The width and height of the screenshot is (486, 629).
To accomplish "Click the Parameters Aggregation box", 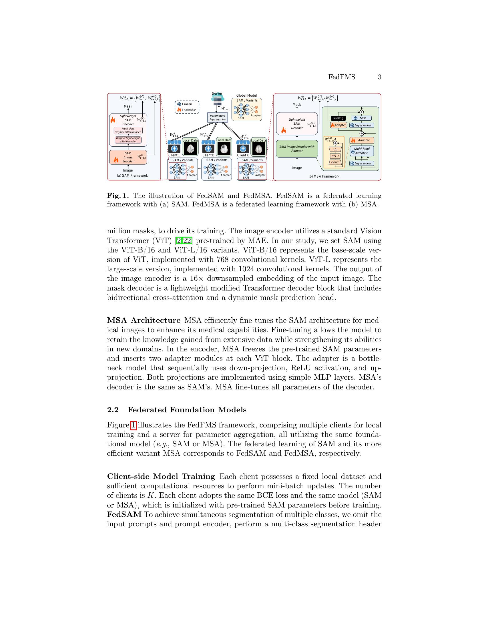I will pos(217,118).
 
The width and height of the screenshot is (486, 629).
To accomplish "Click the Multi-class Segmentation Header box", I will pos(128,130).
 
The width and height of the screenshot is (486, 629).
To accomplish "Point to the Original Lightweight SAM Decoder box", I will pos(128,140).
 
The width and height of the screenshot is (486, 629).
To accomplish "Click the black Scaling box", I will pos(338,118).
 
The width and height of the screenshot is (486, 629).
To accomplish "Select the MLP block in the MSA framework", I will pos(362,118).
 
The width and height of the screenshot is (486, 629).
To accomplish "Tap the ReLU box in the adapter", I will pos(335,156).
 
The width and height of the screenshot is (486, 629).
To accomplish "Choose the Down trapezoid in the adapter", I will pos(335,162).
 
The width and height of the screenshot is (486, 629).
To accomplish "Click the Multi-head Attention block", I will pos(362,151).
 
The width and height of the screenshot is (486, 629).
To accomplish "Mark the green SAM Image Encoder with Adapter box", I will pos(297,149).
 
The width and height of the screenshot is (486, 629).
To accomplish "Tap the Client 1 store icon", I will pos(174,147).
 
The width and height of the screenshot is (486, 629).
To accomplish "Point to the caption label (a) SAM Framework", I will pos(132,175).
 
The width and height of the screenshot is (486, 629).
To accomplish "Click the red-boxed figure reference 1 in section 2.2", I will pos(133,425).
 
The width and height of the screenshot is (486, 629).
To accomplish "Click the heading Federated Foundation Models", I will pos(187,410).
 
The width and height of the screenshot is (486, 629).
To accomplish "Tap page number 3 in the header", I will pos(379,77).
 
